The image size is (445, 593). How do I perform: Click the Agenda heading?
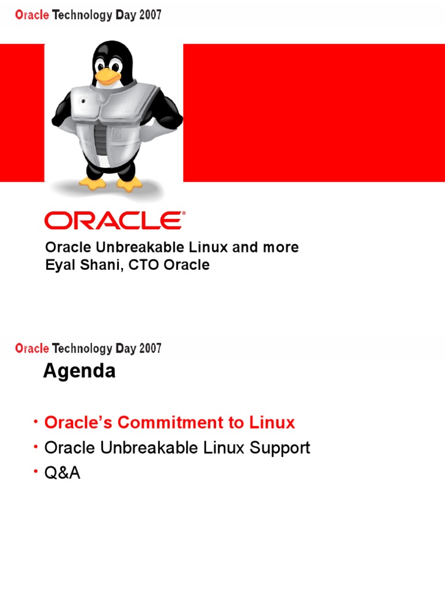[79, 371]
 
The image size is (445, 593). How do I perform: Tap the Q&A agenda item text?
[62, 473]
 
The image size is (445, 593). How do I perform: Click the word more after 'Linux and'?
[281, 247]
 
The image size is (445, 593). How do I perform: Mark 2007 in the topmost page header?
[149, 16]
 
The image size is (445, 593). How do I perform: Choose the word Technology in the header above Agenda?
[82, 349]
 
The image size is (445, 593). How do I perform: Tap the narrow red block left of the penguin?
[22, 112]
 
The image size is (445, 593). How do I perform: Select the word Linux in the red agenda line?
[272, 423]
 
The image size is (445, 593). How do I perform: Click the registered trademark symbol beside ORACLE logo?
[184, 214]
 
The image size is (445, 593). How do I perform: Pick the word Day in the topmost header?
[125, 16]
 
